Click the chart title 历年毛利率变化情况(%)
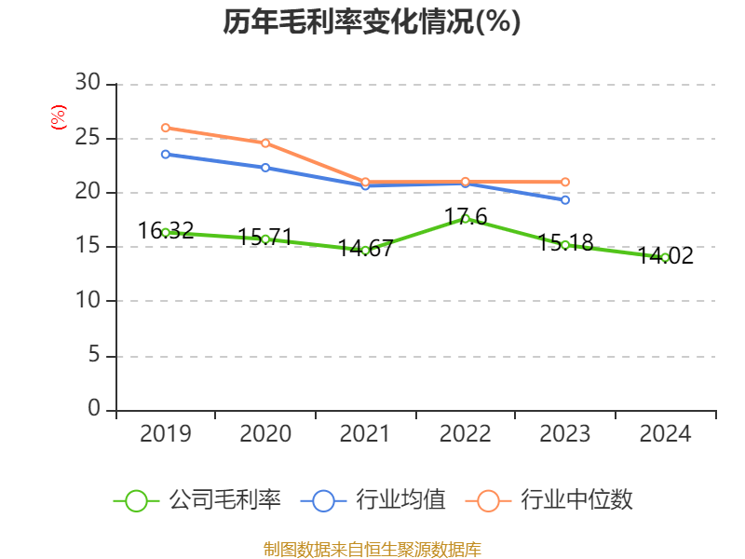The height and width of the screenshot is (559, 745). (372, 21)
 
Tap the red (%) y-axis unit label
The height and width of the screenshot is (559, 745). (58, 117)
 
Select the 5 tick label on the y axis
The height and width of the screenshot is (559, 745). (93, 356)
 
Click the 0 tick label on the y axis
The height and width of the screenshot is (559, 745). (93, 410)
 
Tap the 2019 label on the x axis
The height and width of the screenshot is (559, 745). (165, 433)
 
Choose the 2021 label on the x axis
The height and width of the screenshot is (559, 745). (365, 433)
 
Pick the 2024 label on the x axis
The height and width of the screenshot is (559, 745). (665, 433)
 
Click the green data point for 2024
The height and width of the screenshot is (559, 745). (665, 257)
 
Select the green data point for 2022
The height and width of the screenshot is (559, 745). (466, 218)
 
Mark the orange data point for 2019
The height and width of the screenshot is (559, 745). (165, 128)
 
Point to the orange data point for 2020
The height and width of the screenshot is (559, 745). (265, 143)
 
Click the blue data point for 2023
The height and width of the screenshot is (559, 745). (565, 200)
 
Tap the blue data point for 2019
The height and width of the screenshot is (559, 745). (165, 154)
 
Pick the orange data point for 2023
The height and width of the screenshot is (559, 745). (565, 182)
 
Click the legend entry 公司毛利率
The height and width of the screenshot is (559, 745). (197, 500)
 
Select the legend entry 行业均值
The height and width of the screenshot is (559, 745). (373, 500)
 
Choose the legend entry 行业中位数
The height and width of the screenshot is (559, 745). (555, 500)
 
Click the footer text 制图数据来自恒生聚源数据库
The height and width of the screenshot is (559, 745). (372, 549)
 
